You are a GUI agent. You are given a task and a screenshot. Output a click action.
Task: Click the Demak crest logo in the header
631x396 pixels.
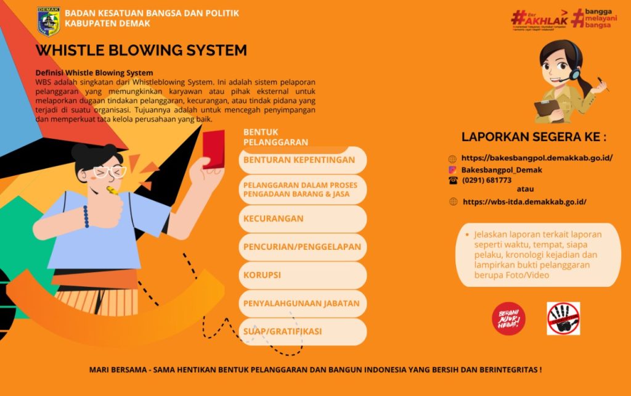49,20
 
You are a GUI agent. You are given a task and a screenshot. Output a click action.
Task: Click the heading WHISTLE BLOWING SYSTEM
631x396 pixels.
141,50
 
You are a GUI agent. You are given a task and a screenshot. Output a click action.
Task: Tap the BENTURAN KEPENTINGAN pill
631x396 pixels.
302,160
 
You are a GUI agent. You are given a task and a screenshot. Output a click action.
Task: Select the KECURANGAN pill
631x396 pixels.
302,218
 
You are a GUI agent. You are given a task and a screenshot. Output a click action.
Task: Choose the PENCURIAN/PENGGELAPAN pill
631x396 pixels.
302,247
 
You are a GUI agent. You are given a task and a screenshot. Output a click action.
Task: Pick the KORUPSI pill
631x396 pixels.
302,275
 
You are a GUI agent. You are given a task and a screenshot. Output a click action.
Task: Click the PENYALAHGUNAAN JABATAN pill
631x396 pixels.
302,303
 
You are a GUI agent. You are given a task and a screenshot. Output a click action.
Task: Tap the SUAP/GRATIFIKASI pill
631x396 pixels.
302,332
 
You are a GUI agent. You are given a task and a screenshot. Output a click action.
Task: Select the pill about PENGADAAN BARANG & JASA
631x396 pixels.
302,189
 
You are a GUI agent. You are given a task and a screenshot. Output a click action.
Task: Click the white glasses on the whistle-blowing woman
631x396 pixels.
109,171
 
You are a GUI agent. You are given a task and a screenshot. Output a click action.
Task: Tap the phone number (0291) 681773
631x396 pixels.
487,180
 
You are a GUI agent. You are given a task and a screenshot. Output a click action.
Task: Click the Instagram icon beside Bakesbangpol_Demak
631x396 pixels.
452,170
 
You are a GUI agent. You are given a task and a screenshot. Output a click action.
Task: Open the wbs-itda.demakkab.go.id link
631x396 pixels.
524,201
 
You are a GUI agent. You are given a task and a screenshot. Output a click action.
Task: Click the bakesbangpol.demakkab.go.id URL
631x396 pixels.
537,158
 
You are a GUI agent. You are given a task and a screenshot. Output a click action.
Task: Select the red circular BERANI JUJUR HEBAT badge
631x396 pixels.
508,319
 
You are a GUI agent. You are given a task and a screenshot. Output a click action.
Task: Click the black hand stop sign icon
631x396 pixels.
563,319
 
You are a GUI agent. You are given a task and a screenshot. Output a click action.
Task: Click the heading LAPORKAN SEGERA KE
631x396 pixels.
534,137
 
